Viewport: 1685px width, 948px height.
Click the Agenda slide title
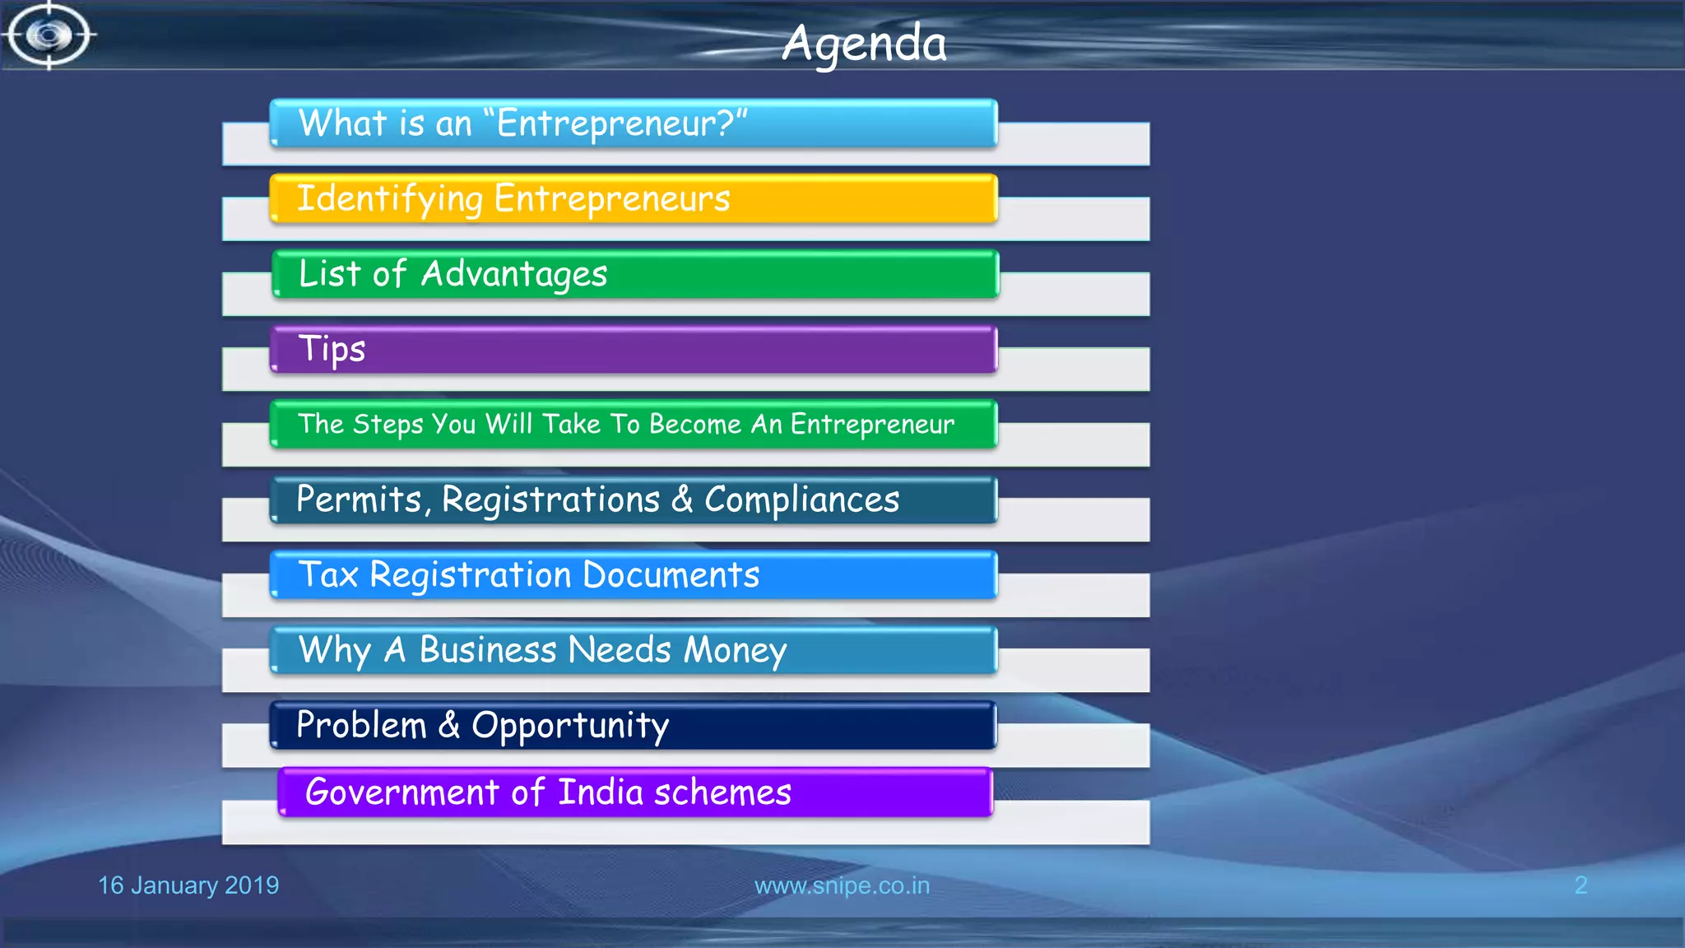tap(864, 43)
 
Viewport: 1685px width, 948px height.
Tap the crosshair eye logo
tap(49, 35)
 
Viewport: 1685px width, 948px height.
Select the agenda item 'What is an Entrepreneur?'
tap(522, 123)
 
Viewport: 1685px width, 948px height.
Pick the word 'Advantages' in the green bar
tap(514, 274)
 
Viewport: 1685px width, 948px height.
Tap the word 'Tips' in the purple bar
tap(332, 350)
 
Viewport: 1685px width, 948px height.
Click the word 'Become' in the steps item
tap(695, 424)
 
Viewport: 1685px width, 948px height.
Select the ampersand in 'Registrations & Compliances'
tap(682, 499)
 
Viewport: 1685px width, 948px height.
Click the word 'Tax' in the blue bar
tap(328, 574)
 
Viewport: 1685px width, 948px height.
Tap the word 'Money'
tap(735, 650)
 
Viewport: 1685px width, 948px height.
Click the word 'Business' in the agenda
tap(488, 650)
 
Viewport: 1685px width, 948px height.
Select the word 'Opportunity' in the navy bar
tap(570, 726)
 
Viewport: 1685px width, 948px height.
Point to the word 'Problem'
tap(361, 725)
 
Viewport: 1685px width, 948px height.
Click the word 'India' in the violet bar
tap(601, 792)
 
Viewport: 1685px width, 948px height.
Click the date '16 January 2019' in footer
tap(188, 885)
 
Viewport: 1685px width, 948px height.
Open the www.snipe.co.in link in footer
tap(842, 885)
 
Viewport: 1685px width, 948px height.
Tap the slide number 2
tap(1581, 885)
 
